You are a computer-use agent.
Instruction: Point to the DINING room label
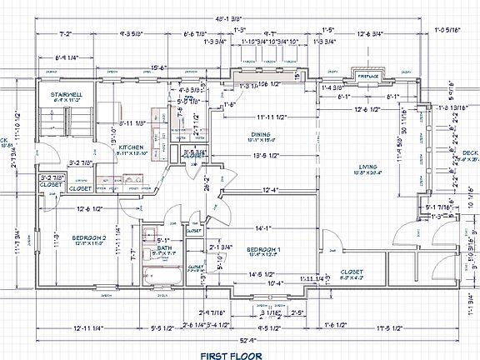(262, 134)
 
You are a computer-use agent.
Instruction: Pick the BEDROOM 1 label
(262, 249)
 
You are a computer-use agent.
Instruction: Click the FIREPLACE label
(368, 76)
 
